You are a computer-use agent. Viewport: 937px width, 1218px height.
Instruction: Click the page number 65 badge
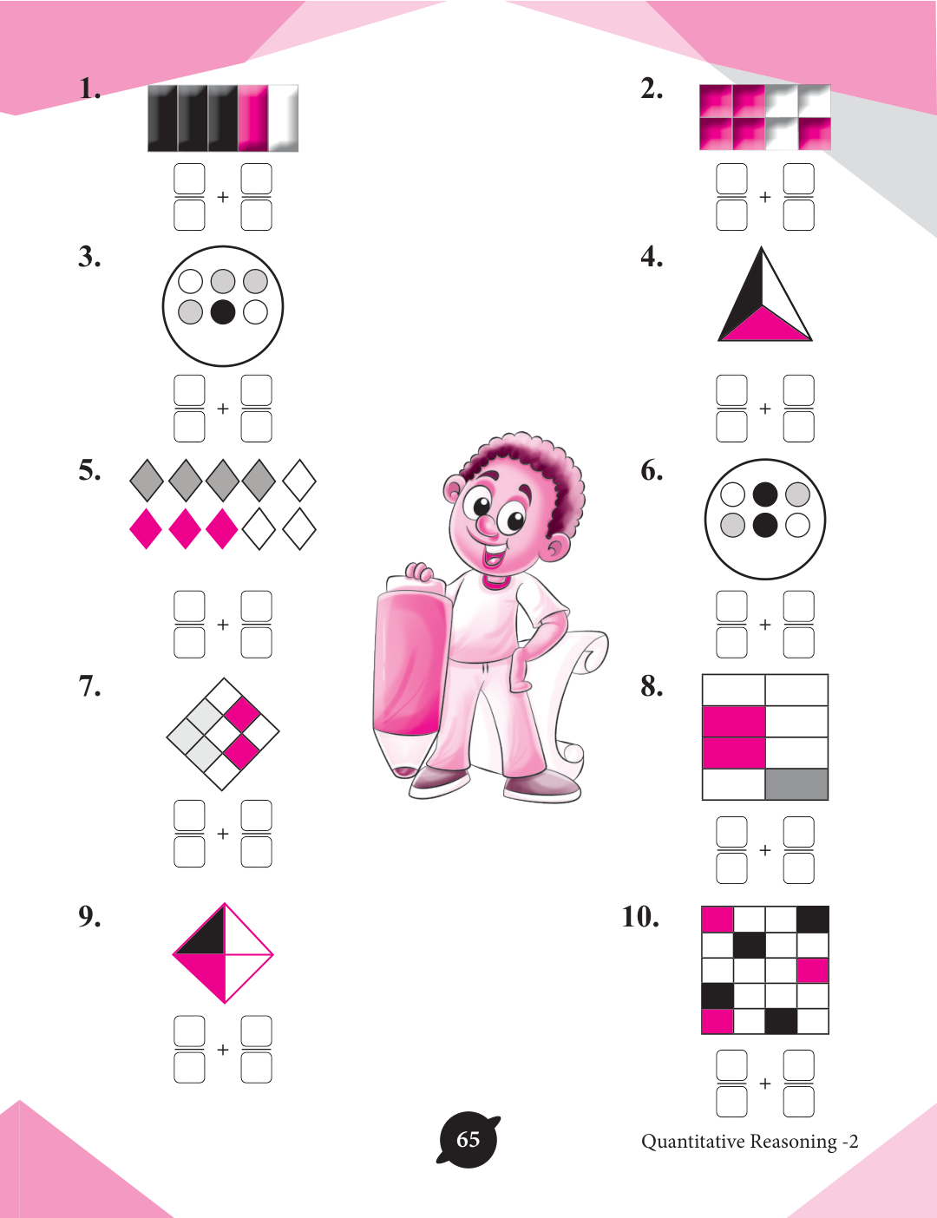click(x=468, y=1140)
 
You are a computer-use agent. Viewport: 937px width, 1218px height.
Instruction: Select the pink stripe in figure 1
click(x=252, y=118)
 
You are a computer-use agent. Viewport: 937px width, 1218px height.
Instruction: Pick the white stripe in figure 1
click(x=283, y=118)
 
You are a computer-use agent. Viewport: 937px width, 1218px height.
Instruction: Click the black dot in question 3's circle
click(x=222, y=312)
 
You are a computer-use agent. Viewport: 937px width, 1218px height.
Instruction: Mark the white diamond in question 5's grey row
click(x=299, y=481)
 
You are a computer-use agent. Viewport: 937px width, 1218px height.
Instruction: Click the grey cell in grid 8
click(x=796, y=784)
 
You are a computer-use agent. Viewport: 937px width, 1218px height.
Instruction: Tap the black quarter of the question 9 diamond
click(x=206, y=937)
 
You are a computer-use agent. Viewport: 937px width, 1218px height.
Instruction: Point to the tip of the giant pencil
click(x=403, y=772)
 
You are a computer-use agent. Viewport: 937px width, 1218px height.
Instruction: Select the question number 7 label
click(x=89, y=686)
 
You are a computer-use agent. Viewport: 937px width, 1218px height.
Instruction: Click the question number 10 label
click(x=640, y=917)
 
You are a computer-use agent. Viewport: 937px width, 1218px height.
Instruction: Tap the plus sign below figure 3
click(x=222, y=409)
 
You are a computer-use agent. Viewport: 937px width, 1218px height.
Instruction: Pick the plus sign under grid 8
click(x=765, y=850)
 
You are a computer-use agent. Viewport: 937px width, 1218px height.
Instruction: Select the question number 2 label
click(x=652, y=89)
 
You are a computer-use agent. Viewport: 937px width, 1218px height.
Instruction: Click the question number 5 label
click(x=89, y=470)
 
